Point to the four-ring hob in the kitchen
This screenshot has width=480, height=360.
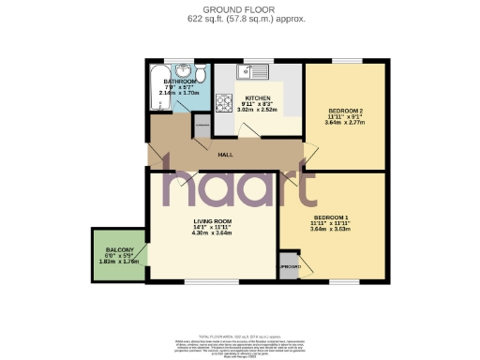point(225,103)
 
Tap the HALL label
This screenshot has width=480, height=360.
point(225,155)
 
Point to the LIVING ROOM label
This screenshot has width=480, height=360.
point(211,221)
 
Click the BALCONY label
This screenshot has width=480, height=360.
point(118,249)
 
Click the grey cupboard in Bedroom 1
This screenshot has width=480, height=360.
point(289,265)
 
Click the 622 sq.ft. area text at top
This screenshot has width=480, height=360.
point(239,19)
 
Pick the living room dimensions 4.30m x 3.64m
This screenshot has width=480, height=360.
point(211,232)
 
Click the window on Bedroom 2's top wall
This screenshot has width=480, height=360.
point(344,62)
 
